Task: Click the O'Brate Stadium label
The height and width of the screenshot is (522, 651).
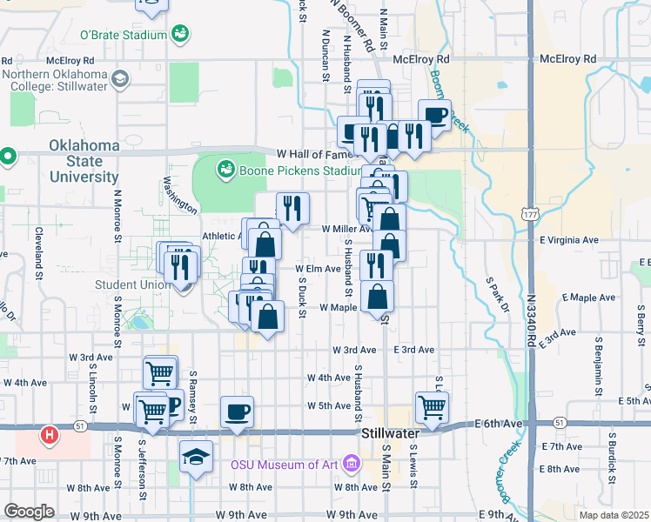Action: (123, 36)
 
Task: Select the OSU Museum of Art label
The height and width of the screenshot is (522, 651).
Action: (286, 464)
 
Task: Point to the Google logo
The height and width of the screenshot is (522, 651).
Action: (28, 512)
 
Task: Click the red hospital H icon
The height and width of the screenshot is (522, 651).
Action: (50, 433)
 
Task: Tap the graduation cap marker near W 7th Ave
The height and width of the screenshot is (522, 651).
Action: (196, 456)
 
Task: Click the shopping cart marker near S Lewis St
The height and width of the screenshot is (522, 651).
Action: (433, 405)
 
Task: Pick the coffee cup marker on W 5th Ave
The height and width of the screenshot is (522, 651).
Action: (237, 412)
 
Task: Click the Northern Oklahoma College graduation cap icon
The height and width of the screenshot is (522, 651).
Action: (119, 80)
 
